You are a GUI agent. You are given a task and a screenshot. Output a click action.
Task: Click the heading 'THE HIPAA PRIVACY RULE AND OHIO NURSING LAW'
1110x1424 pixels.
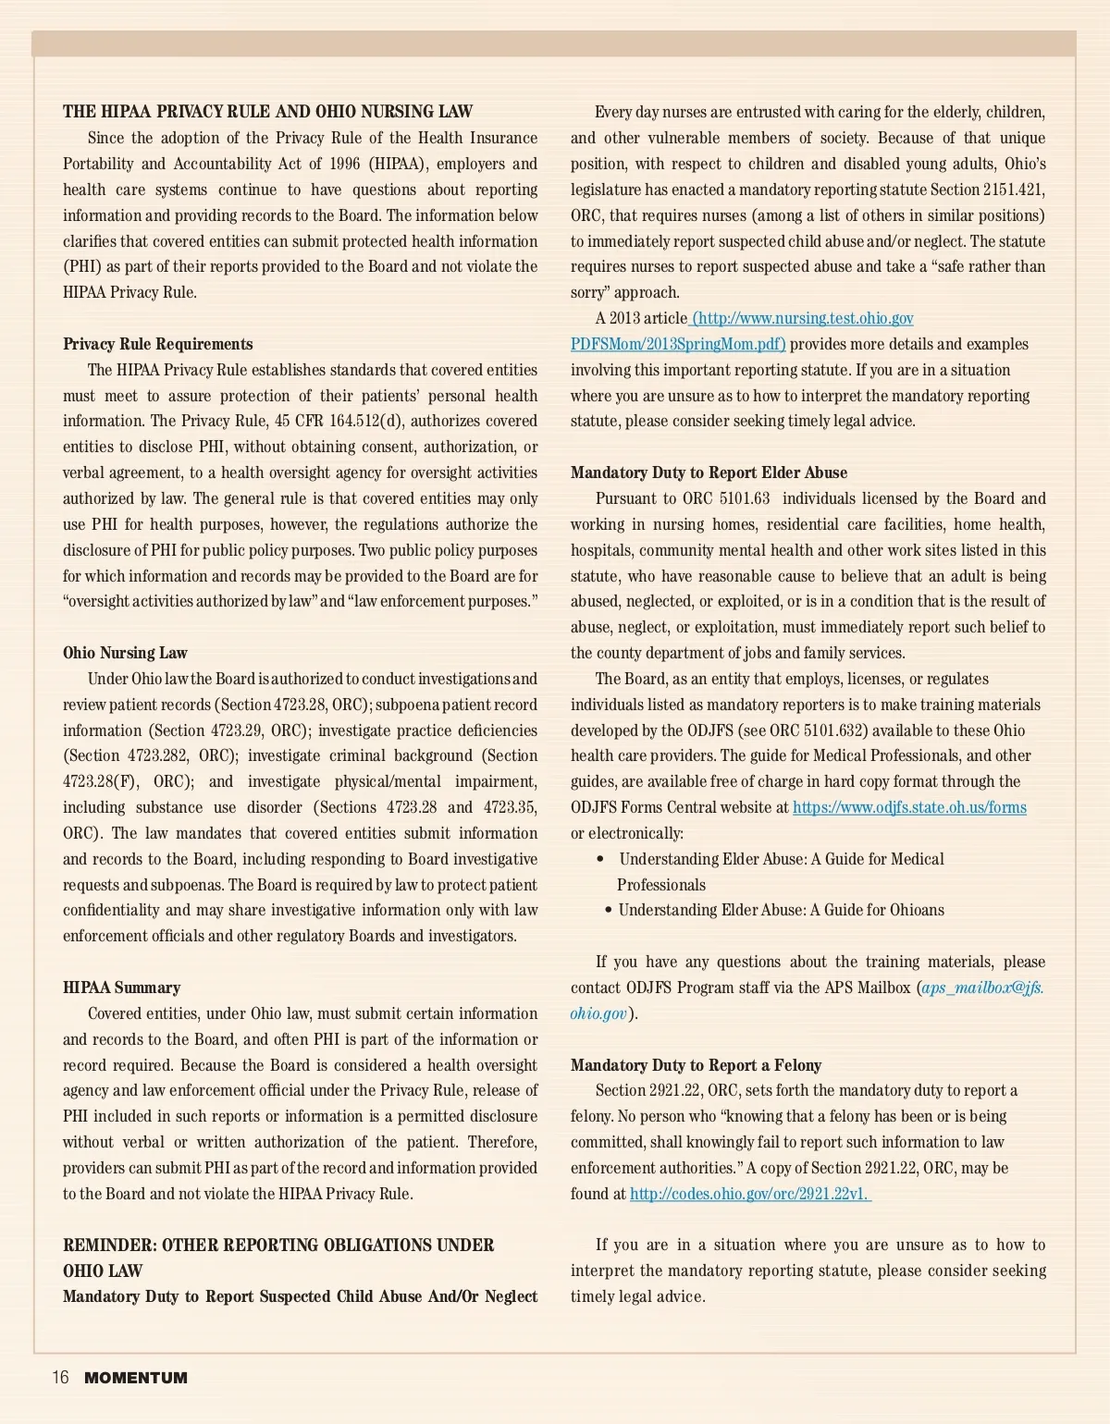(267, 112)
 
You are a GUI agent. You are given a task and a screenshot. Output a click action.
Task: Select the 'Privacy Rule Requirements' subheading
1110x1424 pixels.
(158, 344)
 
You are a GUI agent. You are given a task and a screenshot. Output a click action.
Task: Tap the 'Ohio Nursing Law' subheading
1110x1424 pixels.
(125, 653)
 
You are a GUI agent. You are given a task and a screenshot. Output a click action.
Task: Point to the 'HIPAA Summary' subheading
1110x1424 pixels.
(122, 988)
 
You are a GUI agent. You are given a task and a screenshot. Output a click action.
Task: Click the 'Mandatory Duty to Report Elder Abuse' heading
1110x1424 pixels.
(709, 473)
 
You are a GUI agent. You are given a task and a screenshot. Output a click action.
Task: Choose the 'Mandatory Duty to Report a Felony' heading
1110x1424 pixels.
(696, 1065)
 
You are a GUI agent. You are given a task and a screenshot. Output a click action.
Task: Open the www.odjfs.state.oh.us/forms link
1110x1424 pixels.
(909, 807)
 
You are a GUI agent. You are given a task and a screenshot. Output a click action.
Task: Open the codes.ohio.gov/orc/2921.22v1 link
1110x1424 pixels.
(749, 1194)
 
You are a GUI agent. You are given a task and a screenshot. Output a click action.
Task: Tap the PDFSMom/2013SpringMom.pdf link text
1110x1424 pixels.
(678, 344)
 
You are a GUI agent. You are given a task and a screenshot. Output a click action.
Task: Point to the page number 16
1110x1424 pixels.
(60, 1378)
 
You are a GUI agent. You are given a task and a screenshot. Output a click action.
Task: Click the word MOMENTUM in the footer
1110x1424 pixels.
(136, 1378)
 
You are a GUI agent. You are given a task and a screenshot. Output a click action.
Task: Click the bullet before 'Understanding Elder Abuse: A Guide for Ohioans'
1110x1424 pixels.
(609, 910)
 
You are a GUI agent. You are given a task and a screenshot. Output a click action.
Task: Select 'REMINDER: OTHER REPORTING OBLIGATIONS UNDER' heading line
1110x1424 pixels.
(278, 1245)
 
